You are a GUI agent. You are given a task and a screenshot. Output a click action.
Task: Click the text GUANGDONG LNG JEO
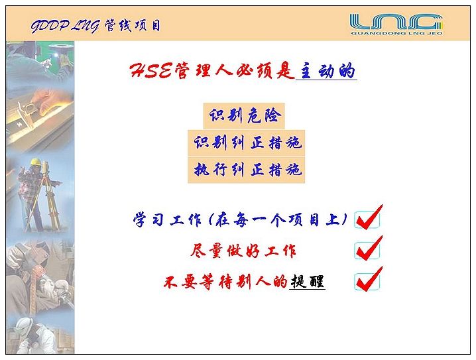[x=396, y=32]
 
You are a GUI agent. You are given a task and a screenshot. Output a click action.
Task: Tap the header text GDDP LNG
[x=65, y=26]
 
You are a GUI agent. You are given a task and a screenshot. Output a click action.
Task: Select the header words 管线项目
[x=133, y=25]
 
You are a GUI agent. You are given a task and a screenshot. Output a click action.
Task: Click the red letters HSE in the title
[x=151, y=71]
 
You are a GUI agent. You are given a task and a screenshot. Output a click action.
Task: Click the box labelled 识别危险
[x=244, y=115]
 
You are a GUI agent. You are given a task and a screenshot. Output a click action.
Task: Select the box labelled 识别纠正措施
[x=246, y=143]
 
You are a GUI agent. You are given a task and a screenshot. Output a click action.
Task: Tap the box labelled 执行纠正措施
[x=246, y=170]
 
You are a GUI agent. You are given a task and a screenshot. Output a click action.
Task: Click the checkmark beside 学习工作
[x=369, y=217]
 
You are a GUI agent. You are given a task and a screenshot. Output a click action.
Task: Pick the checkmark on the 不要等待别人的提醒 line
[x=369, y=279]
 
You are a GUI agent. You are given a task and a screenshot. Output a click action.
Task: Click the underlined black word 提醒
[x=308, y=281]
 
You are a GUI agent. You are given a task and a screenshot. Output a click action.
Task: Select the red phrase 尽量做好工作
[x=243, y=251]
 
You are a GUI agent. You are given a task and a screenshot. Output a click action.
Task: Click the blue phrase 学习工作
[x=167, y=219]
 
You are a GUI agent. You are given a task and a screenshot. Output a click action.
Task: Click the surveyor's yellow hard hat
[x=36, y=162]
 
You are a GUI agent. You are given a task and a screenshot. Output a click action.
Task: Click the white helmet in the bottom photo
[x=25, y=326]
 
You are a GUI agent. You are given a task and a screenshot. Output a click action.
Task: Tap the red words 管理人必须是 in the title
[x=234, y=71]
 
